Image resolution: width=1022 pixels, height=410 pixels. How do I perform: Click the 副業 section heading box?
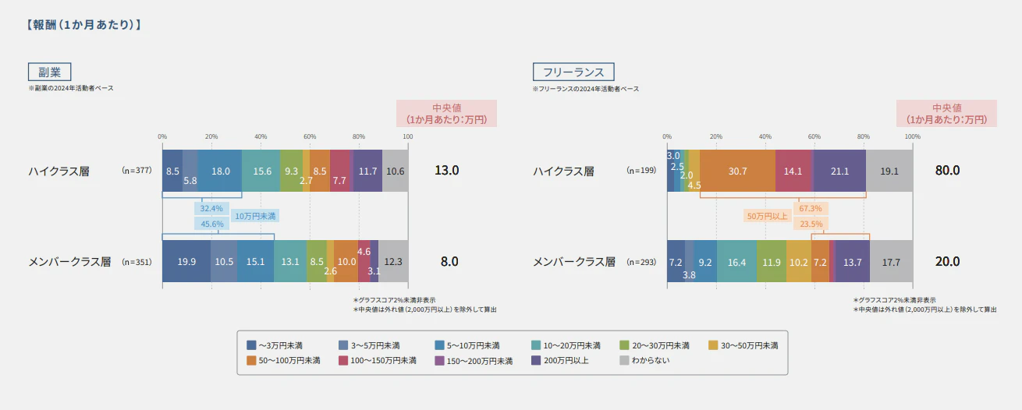tap(49, 72)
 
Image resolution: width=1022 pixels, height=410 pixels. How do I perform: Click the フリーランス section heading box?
tap(573, 72)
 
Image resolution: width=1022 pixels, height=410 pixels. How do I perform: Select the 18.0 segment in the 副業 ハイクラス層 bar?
tap(221, 171)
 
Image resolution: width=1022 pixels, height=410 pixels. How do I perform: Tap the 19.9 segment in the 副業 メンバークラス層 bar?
tap(186, 262)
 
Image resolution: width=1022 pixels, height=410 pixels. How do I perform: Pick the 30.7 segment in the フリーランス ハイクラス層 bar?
tap(737, 171)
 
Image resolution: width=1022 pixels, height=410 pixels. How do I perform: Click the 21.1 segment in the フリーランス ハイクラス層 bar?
tap(839, 171)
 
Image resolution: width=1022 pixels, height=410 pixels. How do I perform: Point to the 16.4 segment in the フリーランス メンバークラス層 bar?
tap(736, 262)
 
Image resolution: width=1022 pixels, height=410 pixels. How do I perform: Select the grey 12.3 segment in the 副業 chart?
tap(393, 262)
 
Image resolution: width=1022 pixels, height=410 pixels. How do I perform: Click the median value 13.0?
tap(446, 171)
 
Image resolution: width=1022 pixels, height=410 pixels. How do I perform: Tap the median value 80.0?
tap(947, 171)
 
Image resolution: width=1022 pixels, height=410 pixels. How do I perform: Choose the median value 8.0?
tap(449, 262)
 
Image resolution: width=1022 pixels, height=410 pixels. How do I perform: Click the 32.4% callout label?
tap(211, 209)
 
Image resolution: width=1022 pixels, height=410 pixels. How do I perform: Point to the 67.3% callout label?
tap(811, 209)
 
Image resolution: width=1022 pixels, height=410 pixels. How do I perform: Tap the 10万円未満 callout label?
tap(255, 216)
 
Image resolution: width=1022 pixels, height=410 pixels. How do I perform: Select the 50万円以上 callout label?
tap(768, 216)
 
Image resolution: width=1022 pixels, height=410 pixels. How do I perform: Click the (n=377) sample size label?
tap(137, 171)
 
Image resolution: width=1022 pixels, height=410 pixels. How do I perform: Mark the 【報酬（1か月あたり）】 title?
tap(83, 25)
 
